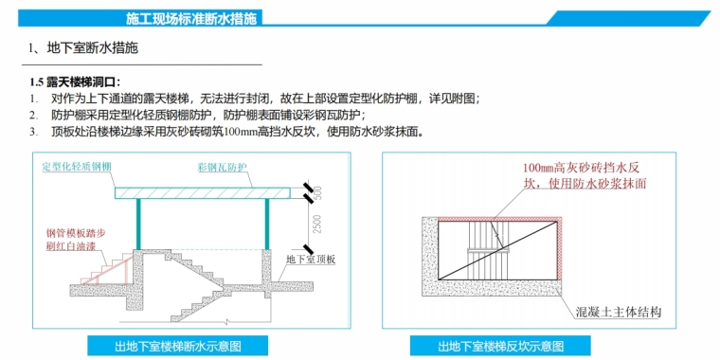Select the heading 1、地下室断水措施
(83, 48)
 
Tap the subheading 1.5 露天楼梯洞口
(75, 82)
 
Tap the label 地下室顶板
(311, 260)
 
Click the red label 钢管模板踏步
(76, 233)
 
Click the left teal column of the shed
(137, 225)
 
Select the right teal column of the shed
(266, 225)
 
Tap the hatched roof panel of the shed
(202, 193)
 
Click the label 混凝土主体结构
(618, 314)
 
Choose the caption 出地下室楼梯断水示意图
(178, 346)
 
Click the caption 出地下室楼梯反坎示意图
(500, 346)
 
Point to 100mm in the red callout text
(539, 166)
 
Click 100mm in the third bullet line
(240, 133)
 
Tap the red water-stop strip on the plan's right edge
(560, 248)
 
